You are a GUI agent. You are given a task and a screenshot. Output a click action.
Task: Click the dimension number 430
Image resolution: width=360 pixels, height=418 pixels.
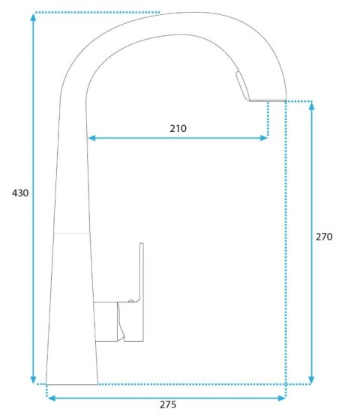[x=20, y=193]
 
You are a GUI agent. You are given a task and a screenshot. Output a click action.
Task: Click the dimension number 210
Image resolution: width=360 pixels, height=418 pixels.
[x=178, y=129]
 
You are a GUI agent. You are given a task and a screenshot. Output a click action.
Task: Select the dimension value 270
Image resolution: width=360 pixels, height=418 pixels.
[x=324, y=237]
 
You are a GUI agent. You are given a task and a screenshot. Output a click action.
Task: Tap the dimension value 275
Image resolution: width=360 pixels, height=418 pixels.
[x=168, y=405]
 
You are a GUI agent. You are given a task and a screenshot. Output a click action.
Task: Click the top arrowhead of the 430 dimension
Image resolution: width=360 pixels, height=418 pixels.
[x=33, y=17]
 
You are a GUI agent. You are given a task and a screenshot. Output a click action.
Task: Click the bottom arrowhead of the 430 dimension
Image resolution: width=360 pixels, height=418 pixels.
[x=33, y=380]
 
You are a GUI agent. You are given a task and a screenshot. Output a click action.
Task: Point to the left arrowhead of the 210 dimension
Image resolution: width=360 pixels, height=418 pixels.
[x=91, y=138]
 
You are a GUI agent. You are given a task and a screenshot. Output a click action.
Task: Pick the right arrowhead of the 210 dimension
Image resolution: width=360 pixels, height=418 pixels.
[x=264, y=138]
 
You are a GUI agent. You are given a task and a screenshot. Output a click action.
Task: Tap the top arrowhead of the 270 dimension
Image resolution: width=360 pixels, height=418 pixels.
[x=311, y=106]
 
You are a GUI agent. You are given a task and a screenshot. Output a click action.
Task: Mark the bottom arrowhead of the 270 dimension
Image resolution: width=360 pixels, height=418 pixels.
[x=311, y=380]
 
